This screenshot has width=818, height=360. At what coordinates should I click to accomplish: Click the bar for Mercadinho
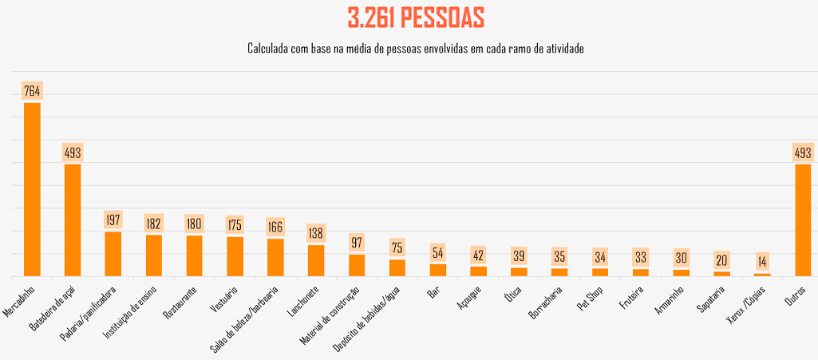click(32, 189)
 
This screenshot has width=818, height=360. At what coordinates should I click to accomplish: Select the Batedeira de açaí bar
click(73, 220)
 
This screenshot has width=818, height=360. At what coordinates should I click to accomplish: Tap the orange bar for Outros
click(803, 220)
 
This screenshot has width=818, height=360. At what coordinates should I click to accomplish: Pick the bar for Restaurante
click(194, 255)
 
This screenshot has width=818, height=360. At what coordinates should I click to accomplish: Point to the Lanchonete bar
click(316, 260)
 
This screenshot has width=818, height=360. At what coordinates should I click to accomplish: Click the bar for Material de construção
click(357, 265)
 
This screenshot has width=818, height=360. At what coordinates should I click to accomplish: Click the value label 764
click(32, 91)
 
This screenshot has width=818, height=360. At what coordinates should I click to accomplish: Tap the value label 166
click(275, 227)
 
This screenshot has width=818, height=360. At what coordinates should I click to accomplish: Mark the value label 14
click(762, 262)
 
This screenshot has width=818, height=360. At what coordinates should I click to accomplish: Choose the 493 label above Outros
click(803, 152)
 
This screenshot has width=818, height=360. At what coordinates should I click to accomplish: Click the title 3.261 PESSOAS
click(416, 17)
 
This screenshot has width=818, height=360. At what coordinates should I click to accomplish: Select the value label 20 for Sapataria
click(721, 260)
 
